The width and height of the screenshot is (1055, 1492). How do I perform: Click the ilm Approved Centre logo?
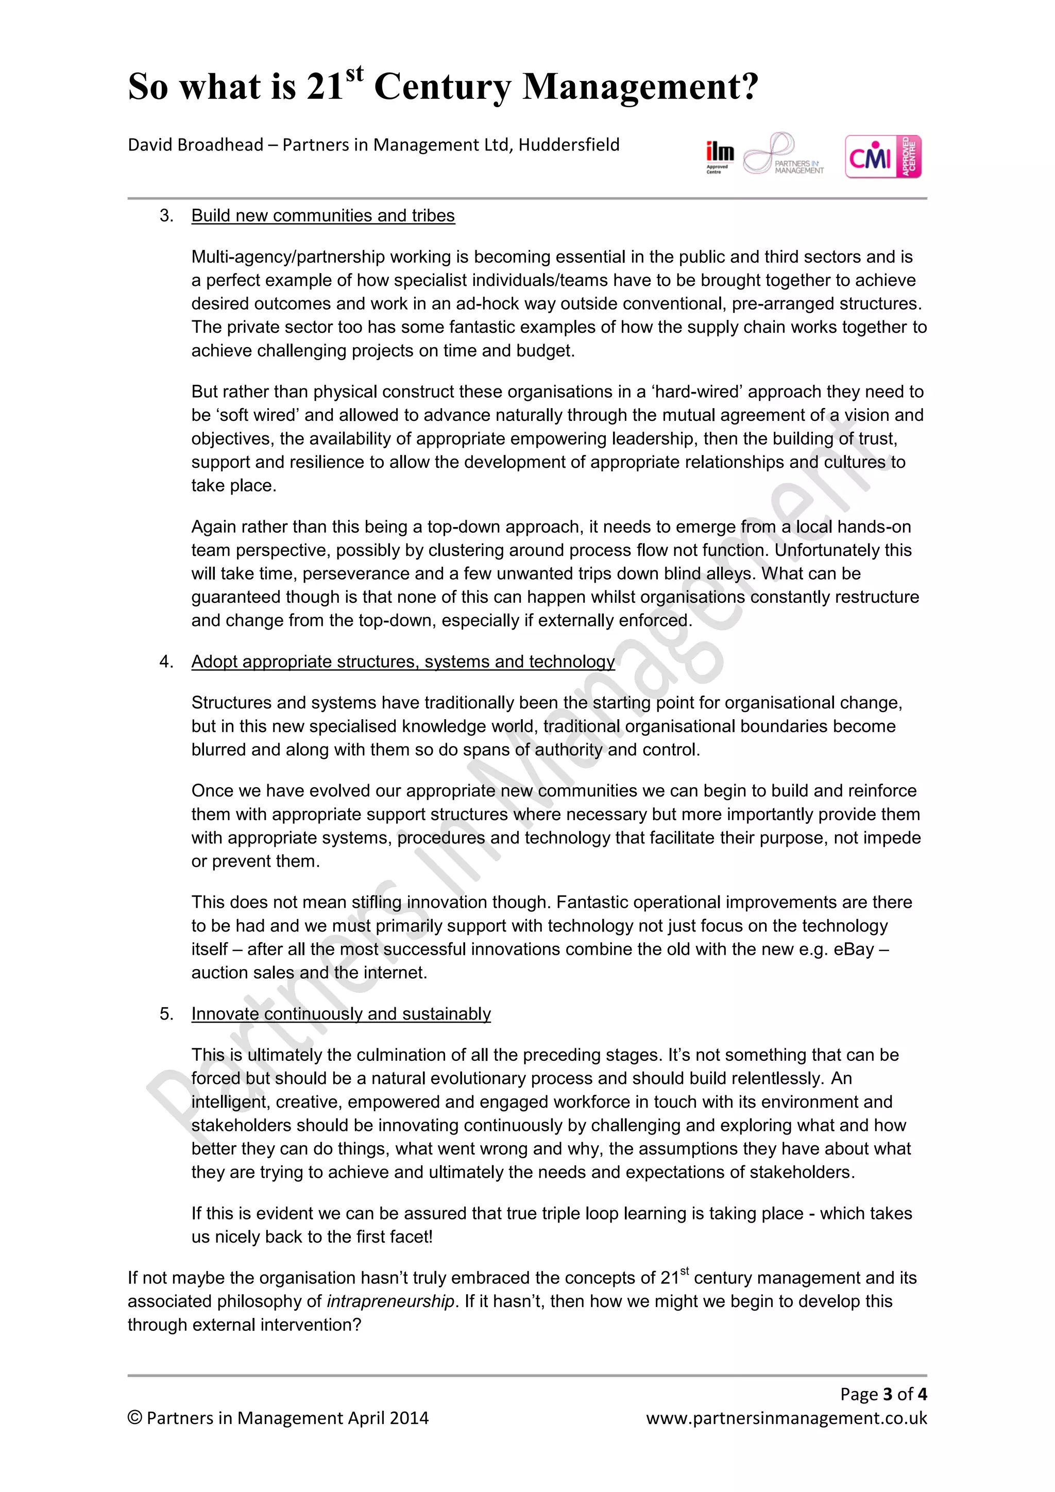point(720,156)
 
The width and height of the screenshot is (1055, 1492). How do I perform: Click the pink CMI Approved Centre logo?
point(883,157)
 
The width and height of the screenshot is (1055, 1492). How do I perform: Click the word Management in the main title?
point(640,87)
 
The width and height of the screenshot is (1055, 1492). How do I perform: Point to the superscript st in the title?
point(354,74)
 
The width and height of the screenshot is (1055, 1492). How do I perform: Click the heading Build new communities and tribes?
point(323,216)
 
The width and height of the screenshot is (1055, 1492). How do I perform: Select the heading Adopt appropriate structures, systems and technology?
point(403,662)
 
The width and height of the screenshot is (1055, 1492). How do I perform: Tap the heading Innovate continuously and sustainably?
point(341,1014)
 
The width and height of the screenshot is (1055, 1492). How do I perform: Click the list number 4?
point(166,662)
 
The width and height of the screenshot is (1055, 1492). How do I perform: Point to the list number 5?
point(166,1014)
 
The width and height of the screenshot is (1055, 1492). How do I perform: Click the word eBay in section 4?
point(854,950)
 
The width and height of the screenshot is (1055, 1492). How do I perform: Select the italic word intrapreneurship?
point(390,1301)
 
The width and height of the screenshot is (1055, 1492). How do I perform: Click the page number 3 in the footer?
point(888,1394)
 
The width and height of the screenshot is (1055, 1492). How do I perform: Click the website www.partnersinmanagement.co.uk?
point(786,1418)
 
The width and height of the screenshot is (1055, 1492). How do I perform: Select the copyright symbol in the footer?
point(134,1418)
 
